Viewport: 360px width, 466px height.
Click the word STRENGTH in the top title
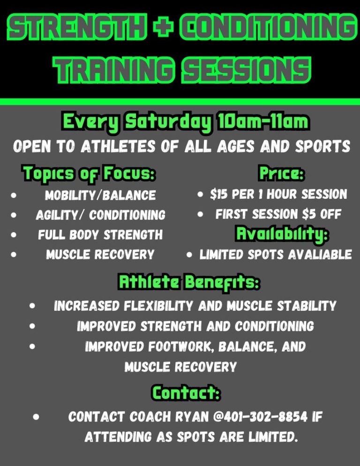click(77, 27)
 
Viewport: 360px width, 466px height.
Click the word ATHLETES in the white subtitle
click(118, 146)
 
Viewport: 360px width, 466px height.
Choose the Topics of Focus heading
click(89, 173)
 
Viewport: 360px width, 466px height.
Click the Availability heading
click(282, 234)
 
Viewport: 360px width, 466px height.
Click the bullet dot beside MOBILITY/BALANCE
click(14, 195)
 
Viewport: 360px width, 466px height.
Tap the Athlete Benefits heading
click(189, 282)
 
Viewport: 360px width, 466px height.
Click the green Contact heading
click(187, 392)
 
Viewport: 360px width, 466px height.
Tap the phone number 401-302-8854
click(265, 417)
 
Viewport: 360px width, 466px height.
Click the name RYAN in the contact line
click(192, 417)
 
